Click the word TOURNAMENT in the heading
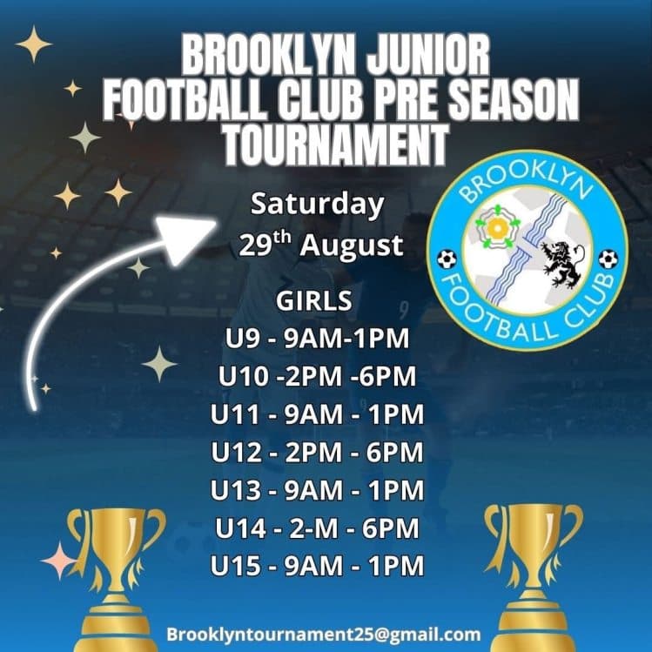click(x=335, y=144)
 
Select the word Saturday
click(x=317, y=205)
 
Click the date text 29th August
click(x=321, y=245)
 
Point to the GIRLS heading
click(x=314, y=301)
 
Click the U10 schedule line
click(x=317, y=376)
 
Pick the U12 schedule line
click(x=317, y=453)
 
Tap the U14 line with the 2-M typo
click(x=317, y=528)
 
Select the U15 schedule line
click(x=317, y=567)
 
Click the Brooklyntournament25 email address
click(x=323, y=633)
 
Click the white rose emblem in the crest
click(x=496, y=227)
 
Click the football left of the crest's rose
click(x=447, y=259)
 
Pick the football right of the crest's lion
click(x=608, y=259)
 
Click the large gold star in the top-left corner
click(x=33, y=44)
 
